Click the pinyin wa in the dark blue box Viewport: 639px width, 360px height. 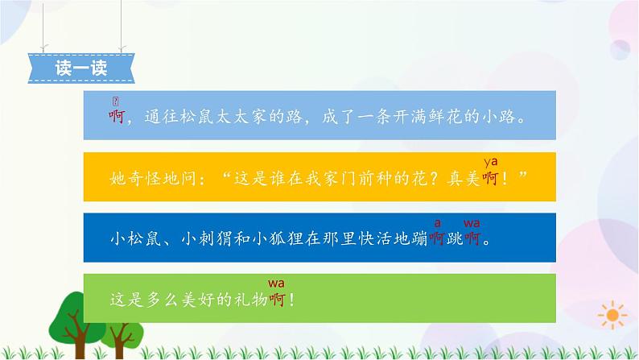pyautogui.click(x=472, y=222)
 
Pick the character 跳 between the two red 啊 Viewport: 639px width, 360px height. pyautogui.click(x=455, y=238)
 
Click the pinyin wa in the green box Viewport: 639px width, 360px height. pyautogui.click(x=277, y=283)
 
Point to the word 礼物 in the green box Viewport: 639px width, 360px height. pyautogui.click(x=249, y=300)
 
